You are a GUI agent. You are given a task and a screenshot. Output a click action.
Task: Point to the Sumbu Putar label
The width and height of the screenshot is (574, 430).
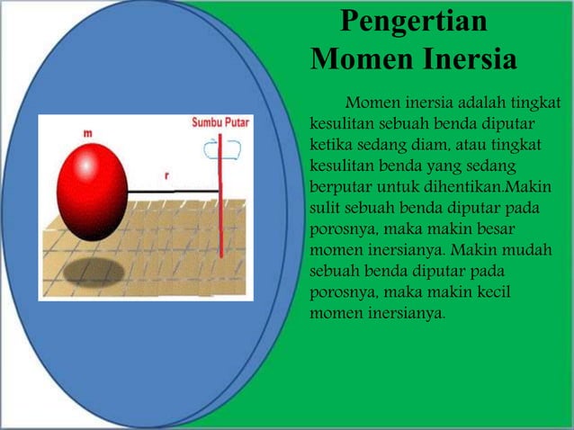pyautogui.click(x=220, y=121)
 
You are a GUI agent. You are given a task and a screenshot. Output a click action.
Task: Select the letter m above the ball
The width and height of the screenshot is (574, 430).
pyautogui.click(x=87, y=133)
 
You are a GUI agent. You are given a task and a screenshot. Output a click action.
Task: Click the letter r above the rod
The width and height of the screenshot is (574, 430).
pyautogui.click(x=166, y=175)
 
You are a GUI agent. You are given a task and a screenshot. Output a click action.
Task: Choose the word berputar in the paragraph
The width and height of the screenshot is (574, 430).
pyautogui.click(x=340, y=186)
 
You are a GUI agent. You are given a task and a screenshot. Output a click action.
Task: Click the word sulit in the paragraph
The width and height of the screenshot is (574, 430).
pyautogui.click(x=325, y=208)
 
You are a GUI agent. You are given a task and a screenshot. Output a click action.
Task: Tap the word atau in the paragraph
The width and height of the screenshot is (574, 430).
pyautogui.click(x=476, y=144)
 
